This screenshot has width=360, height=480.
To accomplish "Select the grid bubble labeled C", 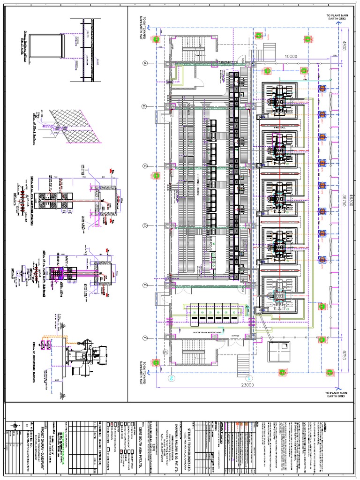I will [x=145, y=166].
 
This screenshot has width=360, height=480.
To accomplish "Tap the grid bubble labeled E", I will [x=145, y=285].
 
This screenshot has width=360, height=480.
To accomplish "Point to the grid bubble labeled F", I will [x=145, y=337].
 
